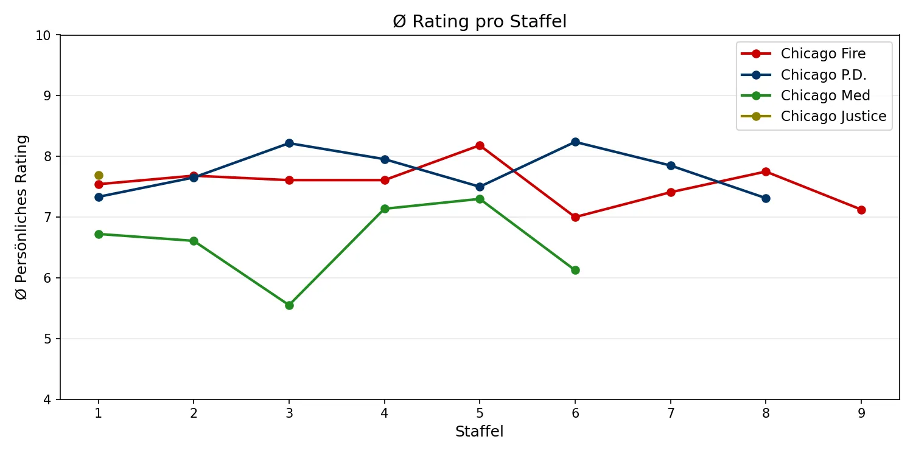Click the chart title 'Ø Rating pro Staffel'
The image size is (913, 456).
click(x=480, y=22)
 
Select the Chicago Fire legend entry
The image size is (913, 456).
click(x=823, y=54)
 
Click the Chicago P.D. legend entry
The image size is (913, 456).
click(x=824, y=75)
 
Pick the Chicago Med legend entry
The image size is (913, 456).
click(x=825, y=95)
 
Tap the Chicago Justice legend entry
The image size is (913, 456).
click(x=833, y=116)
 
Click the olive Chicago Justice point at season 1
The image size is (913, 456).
click(x=99, y=175)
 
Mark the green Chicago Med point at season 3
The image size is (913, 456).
click(x=289, y=305)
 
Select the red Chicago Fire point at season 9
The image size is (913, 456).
click(x=861, y=210)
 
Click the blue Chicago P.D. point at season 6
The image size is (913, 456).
click(x=575, y=142)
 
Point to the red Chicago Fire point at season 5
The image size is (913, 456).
click(x=480, y=145)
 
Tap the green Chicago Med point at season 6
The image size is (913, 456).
click(x=575, y=270)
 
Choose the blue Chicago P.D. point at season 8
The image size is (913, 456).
click(x=766, y=198)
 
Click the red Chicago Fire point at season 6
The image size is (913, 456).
click(x=575, y=217)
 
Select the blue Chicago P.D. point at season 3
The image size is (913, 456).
click(x=289, y=143)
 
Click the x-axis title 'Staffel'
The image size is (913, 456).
click(x=480, y=432)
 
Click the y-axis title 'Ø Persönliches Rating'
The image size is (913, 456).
click(x=22, y=217)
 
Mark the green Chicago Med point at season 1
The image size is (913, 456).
click(x=99, y=234)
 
